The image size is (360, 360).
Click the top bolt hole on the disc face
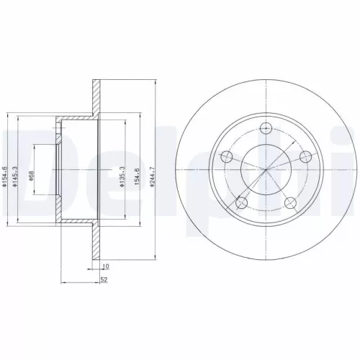pyautogui.click(x=266, y=127)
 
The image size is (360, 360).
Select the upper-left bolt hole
pyautogui.click(x=226, y=157)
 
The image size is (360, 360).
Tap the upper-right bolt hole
pyautogui.click(x=305, y=157)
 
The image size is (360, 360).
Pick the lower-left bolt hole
pyautogui.click(x=241, y=203)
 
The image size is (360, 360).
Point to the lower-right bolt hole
pyautogui.click(x=290, y=203)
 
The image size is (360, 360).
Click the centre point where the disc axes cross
pyautogui.click(x=266, y=169)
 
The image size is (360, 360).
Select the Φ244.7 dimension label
pyautogui.click(x=151, y=177)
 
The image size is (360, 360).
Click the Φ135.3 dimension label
pyautogui.click(x=122, y=177)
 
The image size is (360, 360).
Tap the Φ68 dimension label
pyautogui.click(x=30, y=176)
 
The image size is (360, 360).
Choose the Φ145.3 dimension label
pyautogui.click(x=15, y=177)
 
